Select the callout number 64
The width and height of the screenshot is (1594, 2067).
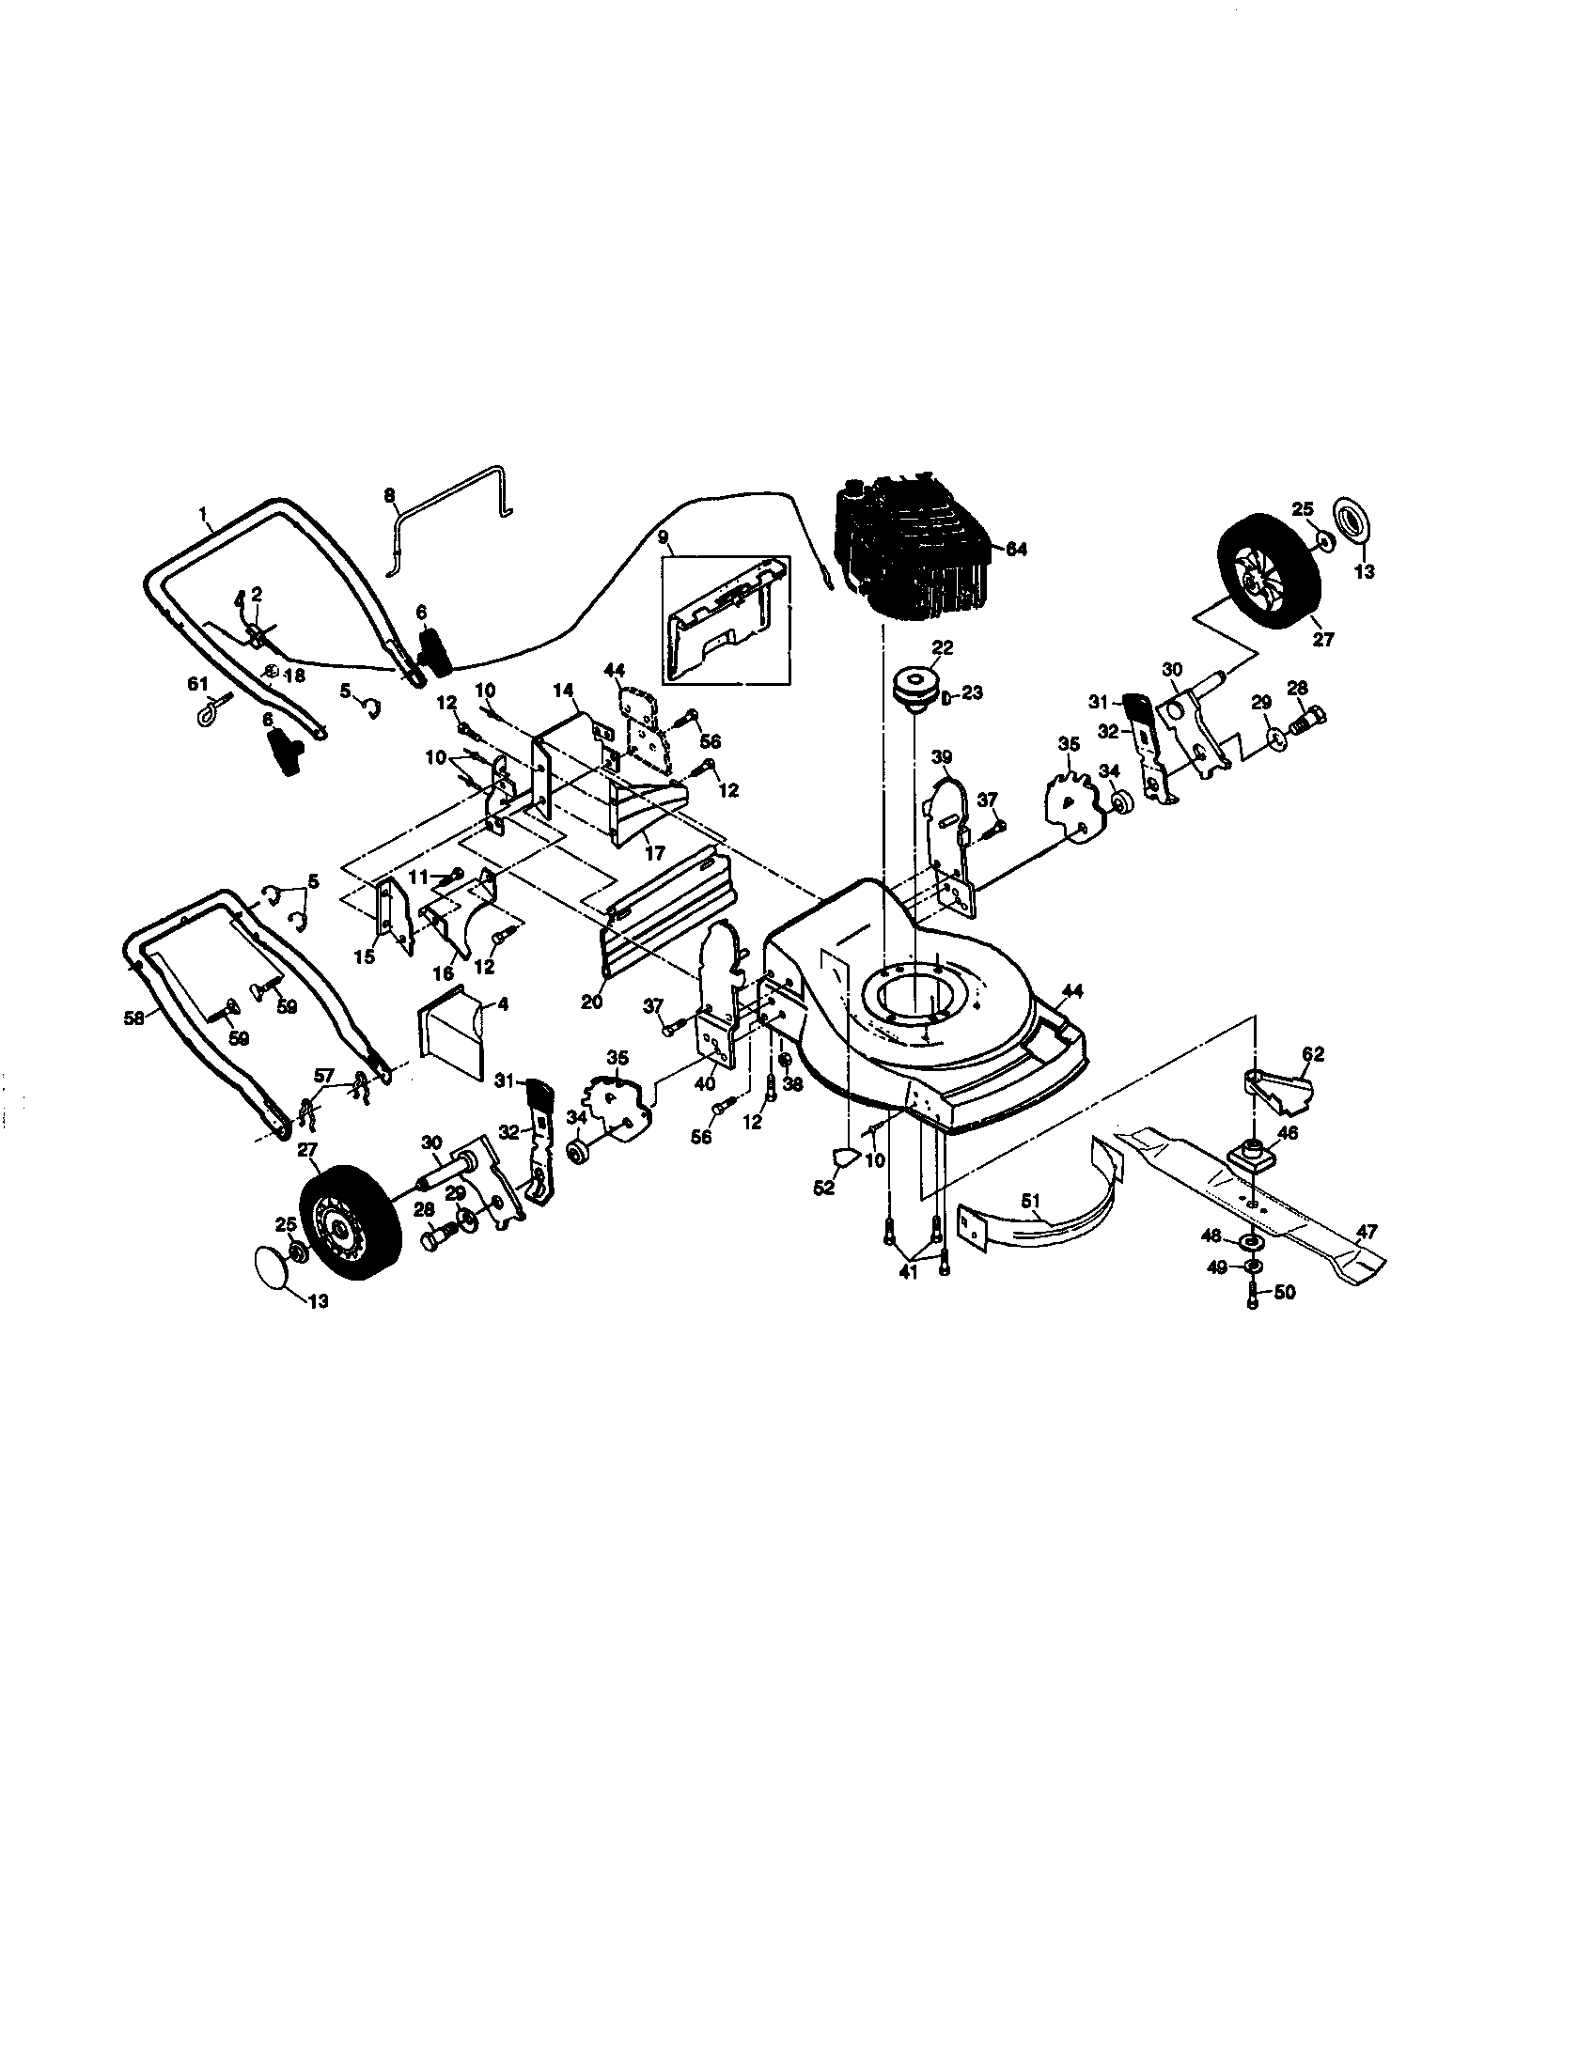point(1015,550)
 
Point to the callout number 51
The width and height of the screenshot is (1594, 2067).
point(1032,1202)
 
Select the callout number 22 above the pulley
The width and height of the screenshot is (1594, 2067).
point(942,647)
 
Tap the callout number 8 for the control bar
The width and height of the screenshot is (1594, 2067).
point(389,495)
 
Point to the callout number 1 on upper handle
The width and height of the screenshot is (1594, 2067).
point(202,513)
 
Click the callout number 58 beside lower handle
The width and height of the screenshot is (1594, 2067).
point(133,1018)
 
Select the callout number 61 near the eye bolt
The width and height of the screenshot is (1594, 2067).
point(195,684)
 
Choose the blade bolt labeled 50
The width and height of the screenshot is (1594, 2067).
point(1252,1295)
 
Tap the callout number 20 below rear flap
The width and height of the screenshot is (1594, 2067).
point(591,1002)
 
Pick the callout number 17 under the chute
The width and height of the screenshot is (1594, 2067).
point(654,853)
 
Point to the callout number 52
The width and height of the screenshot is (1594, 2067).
point(824,1188)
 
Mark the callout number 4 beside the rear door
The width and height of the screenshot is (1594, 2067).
point(503,1004)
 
